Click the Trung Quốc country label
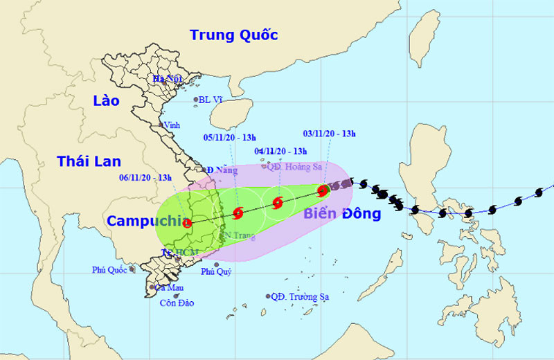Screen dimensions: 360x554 coord(233,35)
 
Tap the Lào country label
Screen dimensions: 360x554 coord(106,101)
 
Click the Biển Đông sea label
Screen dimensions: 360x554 coord(342,214)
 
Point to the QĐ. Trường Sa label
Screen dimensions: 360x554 coord(299,297)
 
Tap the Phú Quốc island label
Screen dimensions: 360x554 coord(109,270)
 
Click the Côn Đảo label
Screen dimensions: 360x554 coord(177,303)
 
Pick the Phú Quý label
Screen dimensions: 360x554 coord(215,272)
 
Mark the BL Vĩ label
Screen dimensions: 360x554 coord(211,100)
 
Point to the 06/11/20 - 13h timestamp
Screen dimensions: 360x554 coord(145,178)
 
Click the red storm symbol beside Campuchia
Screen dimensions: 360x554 coord(187,222)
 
